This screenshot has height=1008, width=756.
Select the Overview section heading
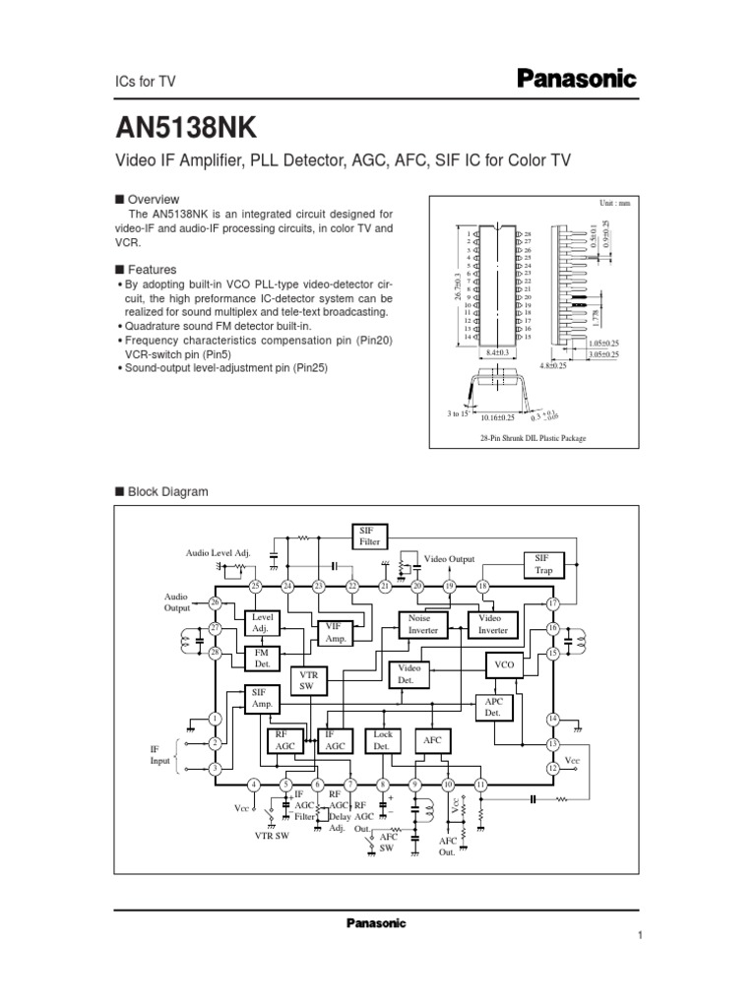[152, 199]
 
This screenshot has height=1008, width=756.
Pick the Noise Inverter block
[423, 624]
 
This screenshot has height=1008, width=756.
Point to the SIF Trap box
[543, 563]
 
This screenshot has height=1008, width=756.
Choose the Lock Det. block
[382, 739]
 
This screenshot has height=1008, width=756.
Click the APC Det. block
[493, 706]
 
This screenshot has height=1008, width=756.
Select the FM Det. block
[262, 657]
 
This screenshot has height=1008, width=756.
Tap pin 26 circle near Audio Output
[215, 602]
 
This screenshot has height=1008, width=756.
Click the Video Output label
[450, 559]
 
